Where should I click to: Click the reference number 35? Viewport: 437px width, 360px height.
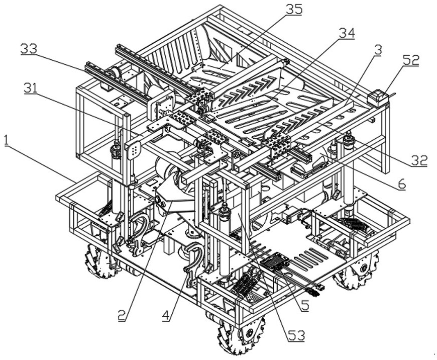click(x=294, y=10)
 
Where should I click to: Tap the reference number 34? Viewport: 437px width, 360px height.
click(x=346, y=33)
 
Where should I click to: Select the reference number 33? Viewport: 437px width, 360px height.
click(x=29, y=49)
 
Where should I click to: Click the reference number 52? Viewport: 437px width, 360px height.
click(x=410, y=60)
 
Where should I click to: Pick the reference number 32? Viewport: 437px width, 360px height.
click(x=418, y=160)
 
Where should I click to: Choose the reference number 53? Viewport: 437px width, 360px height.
click(x=296, y=336)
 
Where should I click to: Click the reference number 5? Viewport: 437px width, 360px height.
click(x=304, y=306)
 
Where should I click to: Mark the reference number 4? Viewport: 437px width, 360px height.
click(x=166, y=316)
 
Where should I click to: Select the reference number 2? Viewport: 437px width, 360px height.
click(x=122, y=316)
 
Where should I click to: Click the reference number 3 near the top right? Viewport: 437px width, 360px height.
click(x=377, y=50)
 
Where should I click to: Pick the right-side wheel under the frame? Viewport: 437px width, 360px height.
click(x=357, y=270)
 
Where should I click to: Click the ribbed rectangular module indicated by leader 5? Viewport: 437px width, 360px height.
click(x=275, y=260)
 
